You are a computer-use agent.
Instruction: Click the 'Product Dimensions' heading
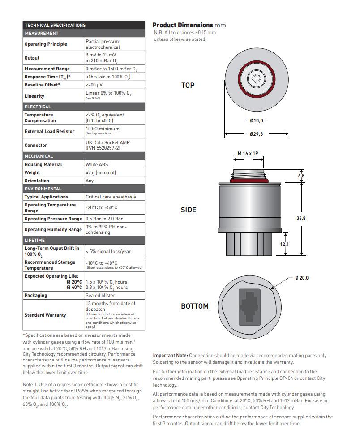click(183, 25)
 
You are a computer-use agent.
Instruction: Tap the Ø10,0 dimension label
click(257, 120)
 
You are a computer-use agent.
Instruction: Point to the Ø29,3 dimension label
click(257, 133)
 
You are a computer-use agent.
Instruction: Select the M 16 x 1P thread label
click(248, 154)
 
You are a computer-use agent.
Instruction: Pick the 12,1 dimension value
click(285, 244)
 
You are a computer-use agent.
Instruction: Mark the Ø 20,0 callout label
click(302, 278)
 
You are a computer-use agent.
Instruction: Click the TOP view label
click(188, 85)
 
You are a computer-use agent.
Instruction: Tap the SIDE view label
click(189, 210)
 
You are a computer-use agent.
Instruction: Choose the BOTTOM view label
click(195, 306)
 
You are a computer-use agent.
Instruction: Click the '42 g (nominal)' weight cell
click(101, 172)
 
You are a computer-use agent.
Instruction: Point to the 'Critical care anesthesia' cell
click(111, 197)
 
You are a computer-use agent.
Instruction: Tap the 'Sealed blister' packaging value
click(100, 295)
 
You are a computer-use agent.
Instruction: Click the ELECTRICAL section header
click(38, 107)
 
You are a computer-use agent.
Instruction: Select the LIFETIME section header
click(35, 240)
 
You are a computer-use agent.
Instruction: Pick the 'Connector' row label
click(35, 145)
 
